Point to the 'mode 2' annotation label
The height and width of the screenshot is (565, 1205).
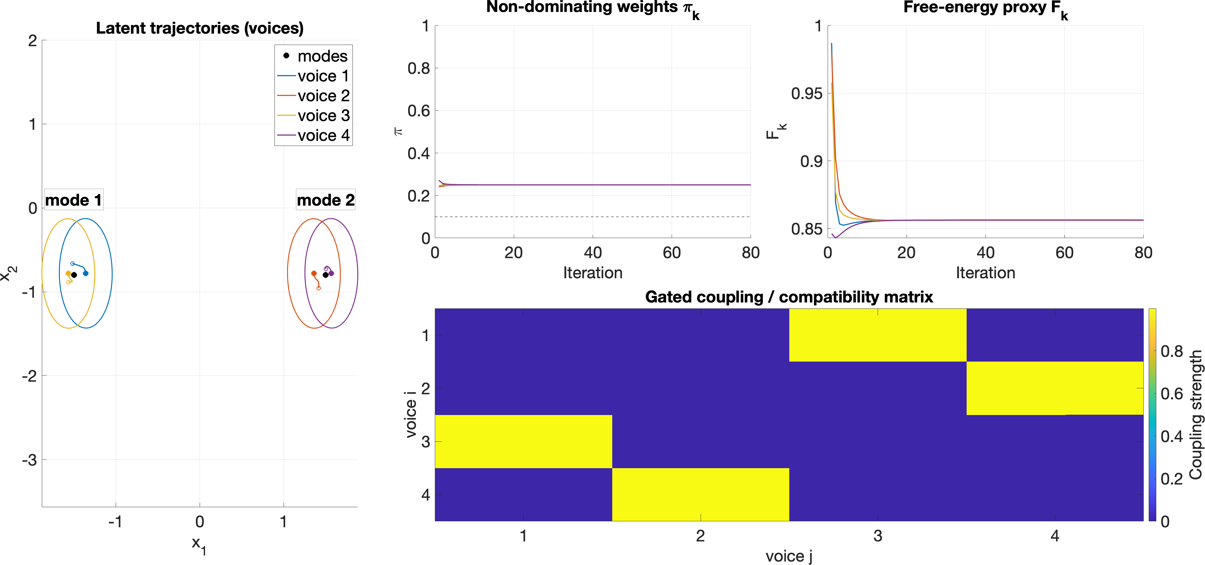(325, 200)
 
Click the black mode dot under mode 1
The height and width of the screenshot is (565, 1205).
(74, 275)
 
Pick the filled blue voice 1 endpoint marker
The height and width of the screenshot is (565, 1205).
(86, 273)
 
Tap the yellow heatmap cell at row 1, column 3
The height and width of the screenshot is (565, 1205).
(878, 335)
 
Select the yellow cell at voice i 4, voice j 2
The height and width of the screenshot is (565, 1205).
(700, 494)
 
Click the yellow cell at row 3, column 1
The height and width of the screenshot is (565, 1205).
(524, 441)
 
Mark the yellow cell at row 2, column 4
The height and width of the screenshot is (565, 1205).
(1054, 388)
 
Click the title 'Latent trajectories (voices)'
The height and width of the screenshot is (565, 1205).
(200, 28)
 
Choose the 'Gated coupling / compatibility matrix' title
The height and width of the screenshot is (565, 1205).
(789, 297)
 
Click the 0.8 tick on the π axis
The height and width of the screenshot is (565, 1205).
(418, 68)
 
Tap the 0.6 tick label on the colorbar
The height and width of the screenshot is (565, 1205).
(1171, 394)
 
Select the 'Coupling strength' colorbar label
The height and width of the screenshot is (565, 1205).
(1196, 414)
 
